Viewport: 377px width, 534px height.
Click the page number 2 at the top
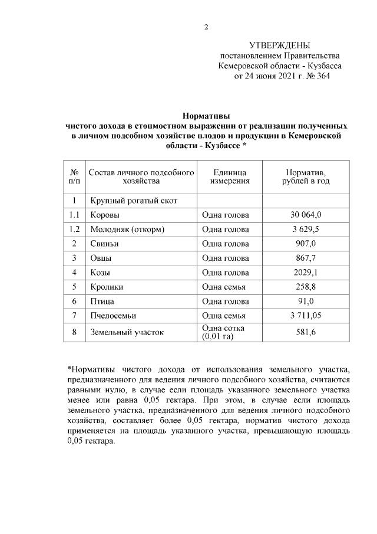(x=206, y=27)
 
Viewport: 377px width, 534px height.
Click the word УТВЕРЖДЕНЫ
(x=279, y=45)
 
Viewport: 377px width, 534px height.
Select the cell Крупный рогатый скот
(x=133, y=201)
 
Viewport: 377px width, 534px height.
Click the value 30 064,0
(x=306, y=215)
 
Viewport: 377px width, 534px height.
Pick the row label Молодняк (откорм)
(x=127, y=229)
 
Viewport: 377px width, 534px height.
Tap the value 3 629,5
(x=306, y=229)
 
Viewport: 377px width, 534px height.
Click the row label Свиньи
(x=104, y=243)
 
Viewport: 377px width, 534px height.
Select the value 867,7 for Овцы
(x=306, y=258)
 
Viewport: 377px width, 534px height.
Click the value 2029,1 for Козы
(x=306, y=272)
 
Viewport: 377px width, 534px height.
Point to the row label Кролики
(x=107, y=287)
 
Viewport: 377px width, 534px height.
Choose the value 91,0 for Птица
(x=306, y=301)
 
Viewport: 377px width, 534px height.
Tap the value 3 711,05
(x=306, y=316)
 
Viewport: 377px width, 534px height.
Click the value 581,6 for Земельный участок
(x=306, y=332)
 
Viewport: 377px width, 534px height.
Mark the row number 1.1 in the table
(x=74, y=215)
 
